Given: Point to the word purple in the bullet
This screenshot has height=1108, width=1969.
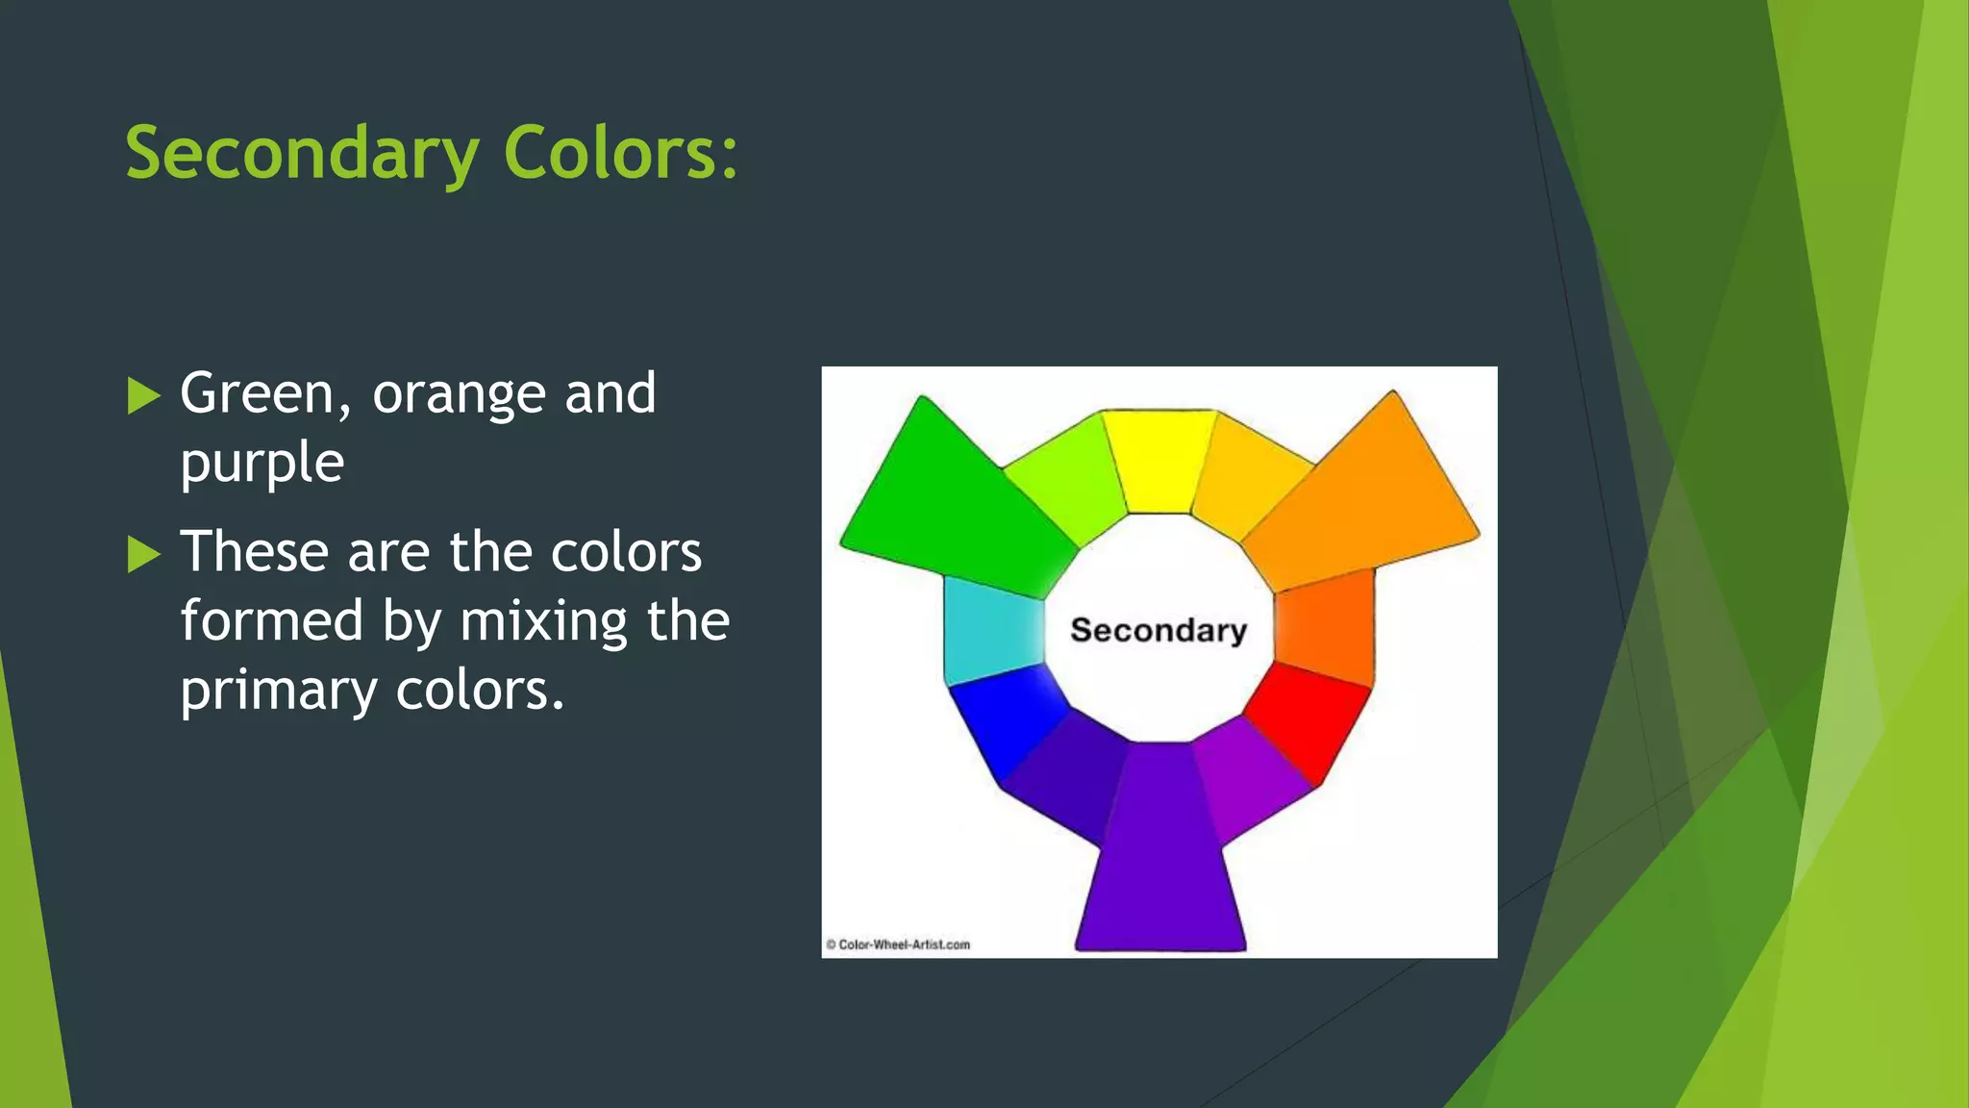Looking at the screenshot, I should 262,465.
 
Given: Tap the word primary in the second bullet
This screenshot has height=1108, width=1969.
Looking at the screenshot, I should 279,692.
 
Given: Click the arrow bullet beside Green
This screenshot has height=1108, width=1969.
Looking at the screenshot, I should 142,396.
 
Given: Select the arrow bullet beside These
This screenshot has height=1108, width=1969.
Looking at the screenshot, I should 142,554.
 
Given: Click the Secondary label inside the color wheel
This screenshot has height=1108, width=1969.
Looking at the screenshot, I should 1159,630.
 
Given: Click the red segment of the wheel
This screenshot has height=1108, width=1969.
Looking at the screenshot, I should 1308,719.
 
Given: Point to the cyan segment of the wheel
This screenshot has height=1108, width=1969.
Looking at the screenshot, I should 992,630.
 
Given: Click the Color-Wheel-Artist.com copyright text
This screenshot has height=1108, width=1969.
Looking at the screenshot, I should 898,944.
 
